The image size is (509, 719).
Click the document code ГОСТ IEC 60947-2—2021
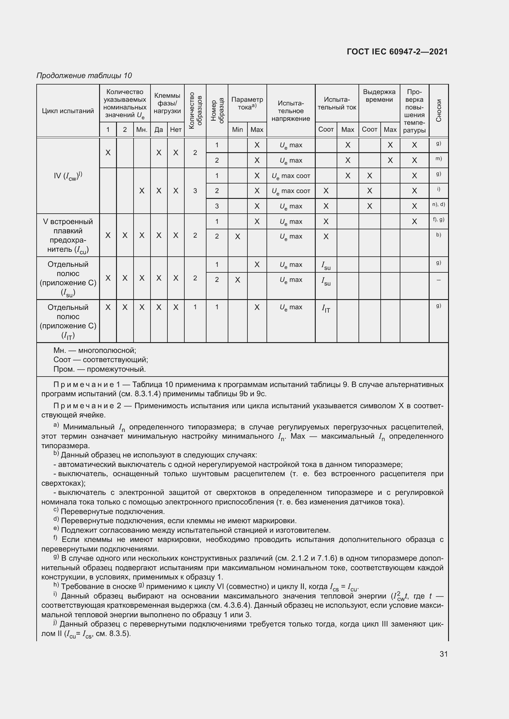(x=397, y=52)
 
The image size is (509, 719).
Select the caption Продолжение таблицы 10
(x=84, y=76)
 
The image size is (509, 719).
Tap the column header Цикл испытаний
(x=68, y=111)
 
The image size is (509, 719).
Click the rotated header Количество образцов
(x=195, y=111)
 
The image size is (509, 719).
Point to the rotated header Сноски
(x=439, y=111)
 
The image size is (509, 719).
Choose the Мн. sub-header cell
(x=142, y=130)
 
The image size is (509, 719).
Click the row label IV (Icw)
(x=68, y=176)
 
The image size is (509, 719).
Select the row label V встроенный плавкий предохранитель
(x=68, y=235)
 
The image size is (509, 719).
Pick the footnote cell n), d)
(x=439, y=204)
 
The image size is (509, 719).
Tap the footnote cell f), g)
(x=439, y=219)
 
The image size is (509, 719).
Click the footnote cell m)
(x=439, y=159)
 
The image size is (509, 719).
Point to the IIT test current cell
(x=326, y=309)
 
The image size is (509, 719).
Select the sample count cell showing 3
(x=195, y=191)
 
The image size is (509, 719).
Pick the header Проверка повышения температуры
(x=414, y=111)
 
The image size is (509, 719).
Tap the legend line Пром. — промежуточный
(x=99, y=369)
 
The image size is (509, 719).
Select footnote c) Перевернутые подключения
(x=109, y=512)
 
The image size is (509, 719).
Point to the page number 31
(x=443, y=654)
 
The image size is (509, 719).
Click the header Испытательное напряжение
(x=291, y=111)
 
